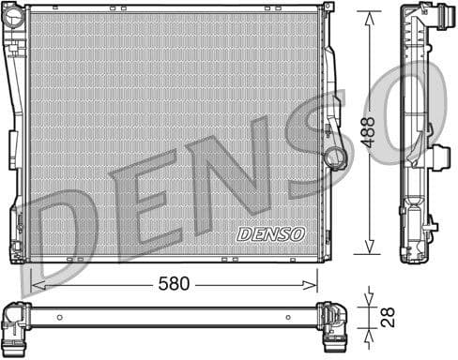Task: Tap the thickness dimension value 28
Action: click(386, 318)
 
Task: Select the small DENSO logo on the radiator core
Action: click(271, 232)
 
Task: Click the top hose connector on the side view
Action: click(434, 15)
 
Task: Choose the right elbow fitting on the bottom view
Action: click(334, 324)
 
